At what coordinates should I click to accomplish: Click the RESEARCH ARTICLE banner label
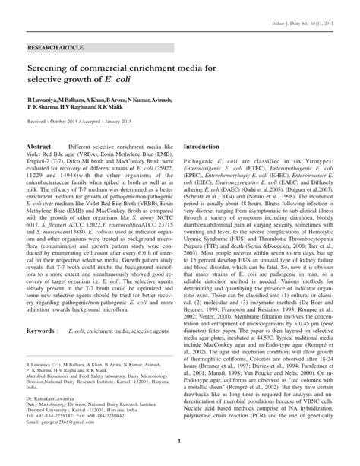pos(54,47)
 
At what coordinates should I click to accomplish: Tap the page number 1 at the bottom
pos(179,442)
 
